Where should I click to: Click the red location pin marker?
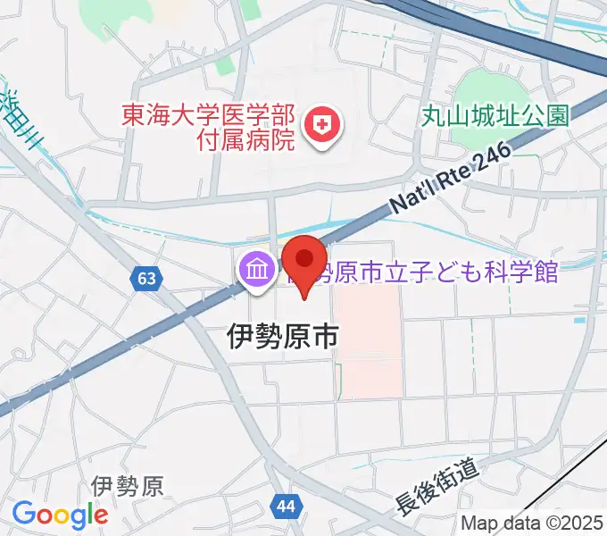pyautogui.click(x=304, y=263)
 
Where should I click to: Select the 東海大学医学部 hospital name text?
pyautogui.click(x=209, y=115)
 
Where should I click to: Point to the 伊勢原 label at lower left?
pyautogui.click(x=128, y=486)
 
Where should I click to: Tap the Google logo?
pyautogui.click(x=60, y=515)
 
